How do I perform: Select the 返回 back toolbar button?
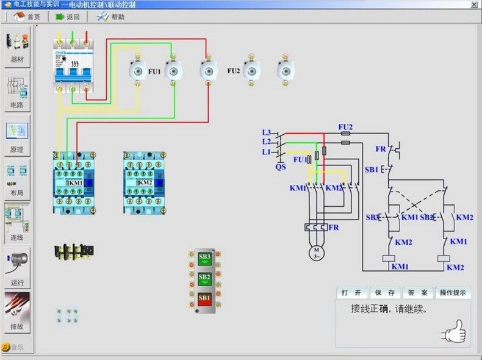[68, 17]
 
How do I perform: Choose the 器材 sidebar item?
[17, 46]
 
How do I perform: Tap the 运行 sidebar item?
[17, 268]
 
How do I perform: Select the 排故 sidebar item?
[17, 312]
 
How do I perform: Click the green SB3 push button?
[204, 257]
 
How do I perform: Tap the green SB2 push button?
[204, 278]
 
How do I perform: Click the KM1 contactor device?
[75, 182]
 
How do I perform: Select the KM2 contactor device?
[145, 182]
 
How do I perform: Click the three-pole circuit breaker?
[72, 63]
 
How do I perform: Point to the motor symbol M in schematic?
[316, 251]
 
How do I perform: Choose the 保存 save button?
[384, 293]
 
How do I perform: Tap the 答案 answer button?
[419, 293]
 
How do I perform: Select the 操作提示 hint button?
[455, 293]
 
